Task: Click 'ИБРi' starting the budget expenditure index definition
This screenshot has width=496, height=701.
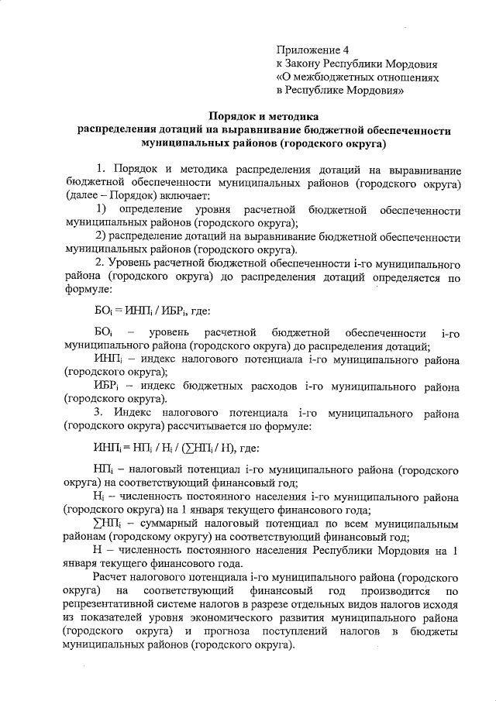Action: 104,385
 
